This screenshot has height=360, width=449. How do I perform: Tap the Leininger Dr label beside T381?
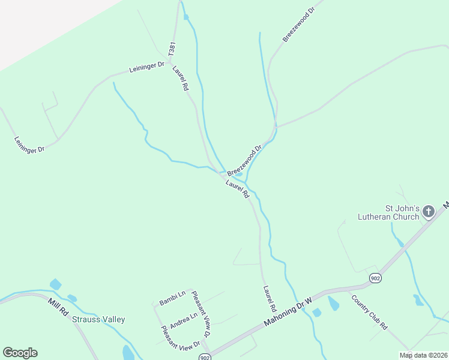pyautogui.click(x=146, y=68)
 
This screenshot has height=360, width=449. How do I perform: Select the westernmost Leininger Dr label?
pyautogui.click(x=29, y=145)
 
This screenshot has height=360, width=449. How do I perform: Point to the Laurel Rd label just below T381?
pyautogui.click(x=180, y=78)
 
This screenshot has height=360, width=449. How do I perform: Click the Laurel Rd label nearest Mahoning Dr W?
pyautogui.click(x=269, y=298)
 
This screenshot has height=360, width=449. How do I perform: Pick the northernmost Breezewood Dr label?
pyautogui.click(x=298, y=25)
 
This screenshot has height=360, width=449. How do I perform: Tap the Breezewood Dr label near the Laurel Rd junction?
pyautogui.click(x=245, y=160)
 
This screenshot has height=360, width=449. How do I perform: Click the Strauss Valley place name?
pyautogui.click(x=98, y=319)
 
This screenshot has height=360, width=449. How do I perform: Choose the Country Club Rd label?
pyautogui.click(x=369, y=312)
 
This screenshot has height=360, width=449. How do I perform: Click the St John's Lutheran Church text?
pyautogui.click(x=388, y=212)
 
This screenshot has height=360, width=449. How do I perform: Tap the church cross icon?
pyautogui.click(x=429, y=211)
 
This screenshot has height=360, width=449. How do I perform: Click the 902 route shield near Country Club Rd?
pyautogui.click(x=375, y=278)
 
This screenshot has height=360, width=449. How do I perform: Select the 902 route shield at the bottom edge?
pyautogui.click(x=205, y=356)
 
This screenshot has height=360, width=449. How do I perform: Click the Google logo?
pyautogui.click(x=20, y=353)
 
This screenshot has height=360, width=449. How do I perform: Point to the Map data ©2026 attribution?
pyautogui.click(x=423, y=355)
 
